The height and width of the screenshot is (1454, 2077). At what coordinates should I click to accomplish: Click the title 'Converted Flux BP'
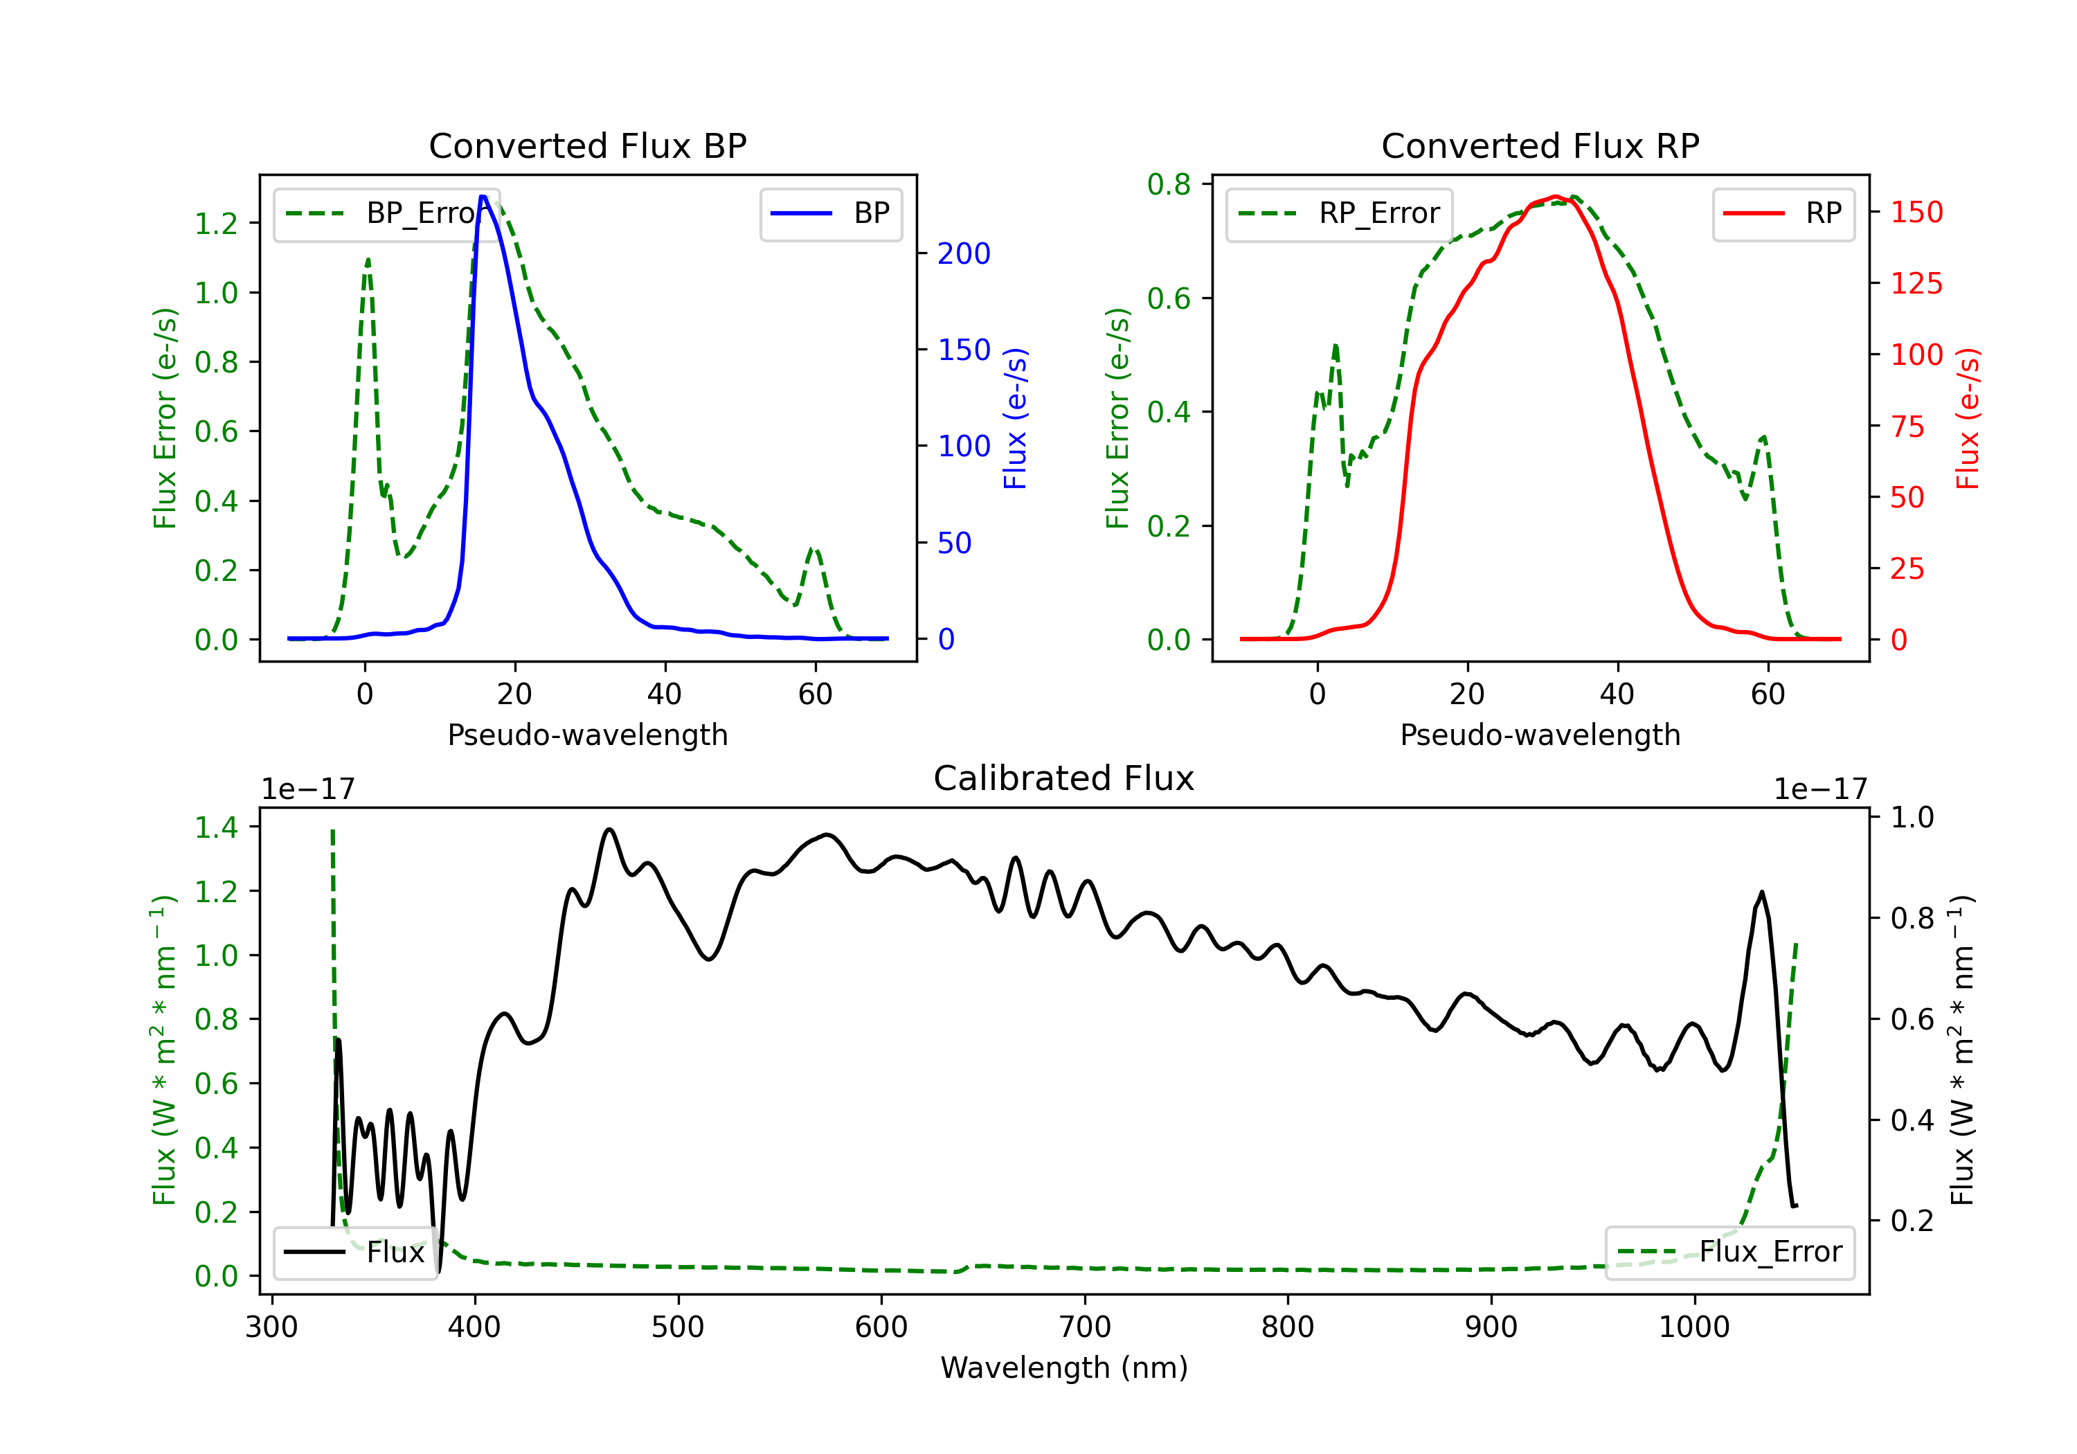click(587, 145)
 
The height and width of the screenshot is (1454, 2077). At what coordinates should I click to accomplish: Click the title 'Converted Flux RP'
click(1540, 145)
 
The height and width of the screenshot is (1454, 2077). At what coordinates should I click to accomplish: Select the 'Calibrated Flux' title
click(1064, 778)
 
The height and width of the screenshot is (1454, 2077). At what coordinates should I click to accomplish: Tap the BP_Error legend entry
click(386, 213)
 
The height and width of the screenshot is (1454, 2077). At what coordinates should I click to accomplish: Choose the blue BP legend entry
click(830, 213)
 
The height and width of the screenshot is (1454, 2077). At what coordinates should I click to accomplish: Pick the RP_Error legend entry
click(1339, 213)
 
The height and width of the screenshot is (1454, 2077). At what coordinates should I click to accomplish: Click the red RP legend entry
click(1783, 213)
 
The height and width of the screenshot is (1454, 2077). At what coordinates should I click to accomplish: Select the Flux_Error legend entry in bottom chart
click(1729, 1253)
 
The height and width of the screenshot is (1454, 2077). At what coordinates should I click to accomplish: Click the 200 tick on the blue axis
click(964, 253)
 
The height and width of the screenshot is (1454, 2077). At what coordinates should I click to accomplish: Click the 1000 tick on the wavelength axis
click(1693, 1327)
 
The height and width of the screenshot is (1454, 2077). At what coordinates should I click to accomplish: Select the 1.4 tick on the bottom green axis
click(216, 827)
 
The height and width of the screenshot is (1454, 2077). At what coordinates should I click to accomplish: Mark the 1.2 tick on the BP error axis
click(216, 224)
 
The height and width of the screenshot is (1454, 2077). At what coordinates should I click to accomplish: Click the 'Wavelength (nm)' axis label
click(1064, 1367)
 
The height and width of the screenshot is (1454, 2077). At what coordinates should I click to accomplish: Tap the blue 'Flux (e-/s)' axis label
click(1015, 419)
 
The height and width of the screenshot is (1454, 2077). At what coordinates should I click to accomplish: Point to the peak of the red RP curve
click(1554, 197)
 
